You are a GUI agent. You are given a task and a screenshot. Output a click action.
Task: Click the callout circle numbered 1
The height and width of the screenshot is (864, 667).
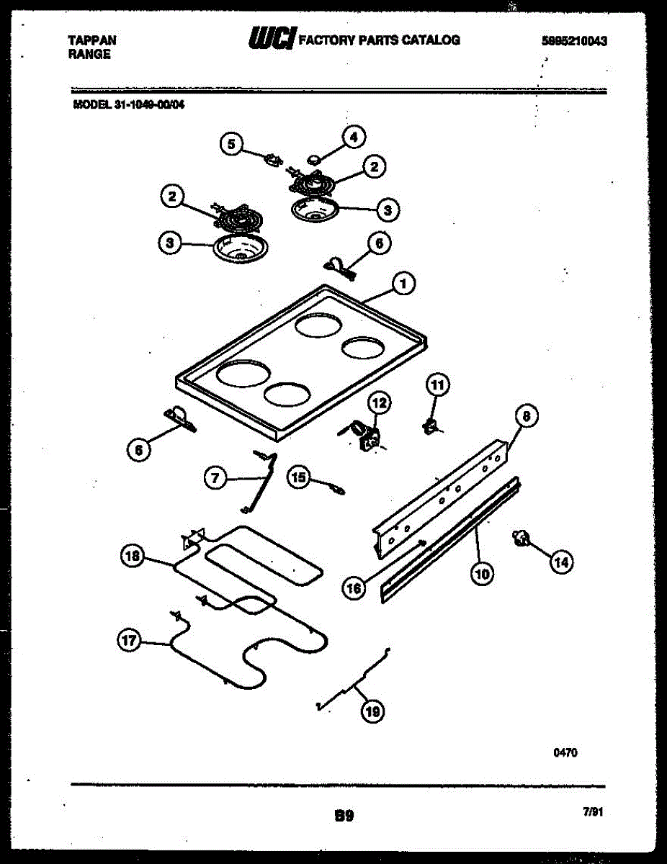pos(403,284)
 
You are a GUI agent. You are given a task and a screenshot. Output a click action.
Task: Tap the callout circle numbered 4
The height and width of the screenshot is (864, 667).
pos(354,136)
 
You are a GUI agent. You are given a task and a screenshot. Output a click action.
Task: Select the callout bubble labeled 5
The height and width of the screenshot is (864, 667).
pos(231,145)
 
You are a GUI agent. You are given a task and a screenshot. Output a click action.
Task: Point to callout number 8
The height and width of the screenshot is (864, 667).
pos(527,417)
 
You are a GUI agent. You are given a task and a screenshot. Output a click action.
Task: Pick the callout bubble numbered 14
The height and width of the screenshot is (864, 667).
pos(563,562)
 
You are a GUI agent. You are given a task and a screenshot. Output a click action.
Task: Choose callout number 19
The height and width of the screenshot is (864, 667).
pos(372,711)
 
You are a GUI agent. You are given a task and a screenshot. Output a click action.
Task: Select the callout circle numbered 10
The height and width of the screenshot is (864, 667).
pos(482,574)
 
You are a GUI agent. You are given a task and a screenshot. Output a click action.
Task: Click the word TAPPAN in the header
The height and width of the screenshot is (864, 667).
pos(93,41)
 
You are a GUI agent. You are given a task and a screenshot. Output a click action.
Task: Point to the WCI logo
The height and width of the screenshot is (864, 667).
pos(271,39)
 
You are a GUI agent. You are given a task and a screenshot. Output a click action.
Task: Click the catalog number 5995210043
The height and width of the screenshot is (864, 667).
pos(573,41)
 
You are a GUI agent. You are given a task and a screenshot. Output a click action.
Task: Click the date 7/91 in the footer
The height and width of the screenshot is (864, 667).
pos(591,811)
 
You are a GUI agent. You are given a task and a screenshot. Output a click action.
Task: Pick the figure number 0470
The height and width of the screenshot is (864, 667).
pos(565,753)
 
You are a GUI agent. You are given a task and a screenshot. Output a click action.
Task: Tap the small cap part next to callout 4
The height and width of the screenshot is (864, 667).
pos(315,156)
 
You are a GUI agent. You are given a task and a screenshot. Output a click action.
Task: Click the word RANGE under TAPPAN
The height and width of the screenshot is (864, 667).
pos(89,54)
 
